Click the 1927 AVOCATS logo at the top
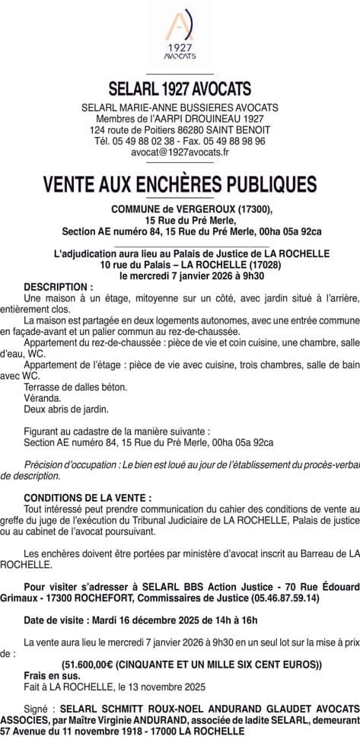coord(180,37)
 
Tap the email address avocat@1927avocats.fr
coord(180,152)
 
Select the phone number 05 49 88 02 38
coord(145,141)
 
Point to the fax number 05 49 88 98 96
coord(236,141)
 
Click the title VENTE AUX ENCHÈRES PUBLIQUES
coord(180,185)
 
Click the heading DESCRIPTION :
coord(59,287)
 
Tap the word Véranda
coord(43,398)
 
